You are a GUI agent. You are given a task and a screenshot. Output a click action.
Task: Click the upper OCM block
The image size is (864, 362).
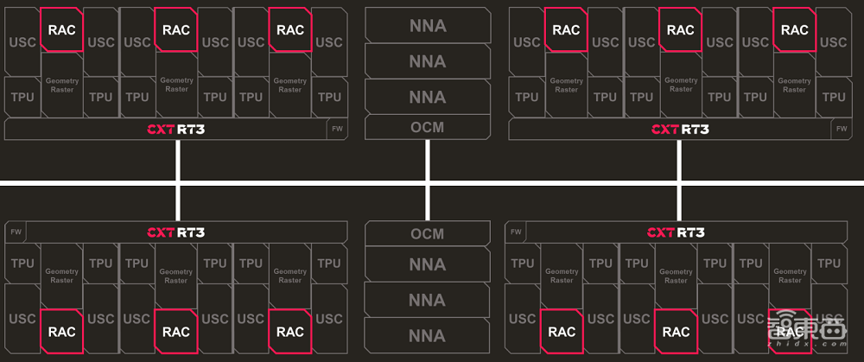427,127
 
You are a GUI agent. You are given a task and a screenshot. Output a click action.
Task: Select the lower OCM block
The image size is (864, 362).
427,234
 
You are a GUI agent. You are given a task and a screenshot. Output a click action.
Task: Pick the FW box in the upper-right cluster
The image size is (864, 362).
842,129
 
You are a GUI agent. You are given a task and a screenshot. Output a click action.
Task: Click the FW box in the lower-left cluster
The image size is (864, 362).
16,232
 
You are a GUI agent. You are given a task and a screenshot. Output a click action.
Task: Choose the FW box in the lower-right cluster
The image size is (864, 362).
517,232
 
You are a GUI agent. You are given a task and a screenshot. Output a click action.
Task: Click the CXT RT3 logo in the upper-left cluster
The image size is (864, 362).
176,130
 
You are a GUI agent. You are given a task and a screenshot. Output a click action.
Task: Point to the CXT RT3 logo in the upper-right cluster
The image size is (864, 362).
679,130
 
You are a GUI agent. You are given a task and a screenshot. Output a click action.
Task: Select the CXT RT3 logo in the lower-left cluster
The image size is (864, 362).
176,232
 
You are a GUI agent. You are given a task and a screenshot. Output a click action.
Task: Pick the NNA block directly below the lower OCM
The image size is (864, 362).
427,264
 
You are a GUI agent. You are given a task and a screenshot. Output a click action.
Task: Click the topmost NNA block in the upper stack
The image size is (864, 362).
427,25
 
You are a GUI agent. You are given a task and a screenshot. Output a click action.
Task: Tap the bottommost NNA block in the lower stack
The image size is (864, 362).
427,333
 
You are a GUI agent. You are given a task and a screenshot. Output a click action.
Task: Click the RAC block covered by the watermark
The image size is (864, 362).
790,331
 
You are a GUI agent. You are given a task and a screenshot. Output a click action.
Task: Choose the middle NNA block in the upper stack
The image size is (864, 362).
427,61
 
